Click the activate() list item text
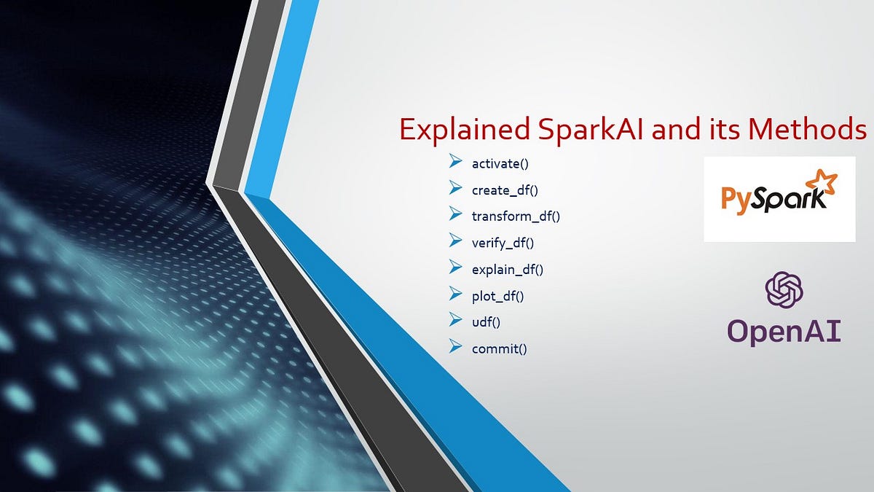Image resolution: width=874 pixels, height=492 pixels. pyautogui.click(x=500, y=164)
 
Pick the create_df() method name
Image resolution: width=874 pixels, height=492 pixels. pyautogui.click(x=505, y=190)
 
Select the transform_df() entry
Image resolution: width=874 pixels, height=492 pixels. pyautogui.click(x=516, y=216)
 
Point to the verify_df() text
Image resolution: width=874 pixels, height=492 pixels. pyautogui.click(x=503, y=243)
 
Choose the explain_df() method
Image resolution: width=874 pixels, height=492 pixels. pyautogui.click(x=508, y=270)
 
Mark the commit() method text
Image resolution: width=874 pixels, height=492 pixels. pyautogui.click(x=499, y=348)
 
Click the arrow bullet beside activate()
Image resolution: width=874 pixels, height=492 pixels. pyautogui.click(x=457, y=162)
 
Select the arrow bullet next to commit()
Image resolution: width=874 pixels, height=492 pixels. pyautogui.click(x=457, y=346)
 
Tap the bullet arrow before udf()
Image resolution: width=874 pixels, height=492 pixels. pyautogui.click(x=457, y=320)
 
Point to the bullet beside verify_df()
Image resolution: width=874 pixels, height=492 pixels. pyautogui.click(x=457, y=241)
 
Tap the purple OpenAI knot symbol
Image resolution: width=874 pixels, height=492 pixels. pyautogui.click(x=784, y=289)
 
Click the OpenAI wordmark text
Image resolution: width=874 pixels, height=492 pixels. pyautogui.click(x=784, y=331)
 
